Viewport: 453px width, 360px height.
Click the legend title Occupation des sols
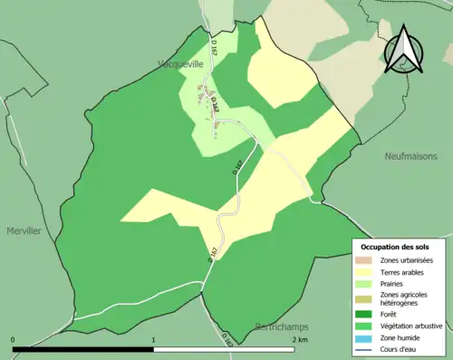coord(397,247)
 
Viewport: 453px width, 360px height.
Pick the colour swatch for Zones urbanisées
coord(365,260)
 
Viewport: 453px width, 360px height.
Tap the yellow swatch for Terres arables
coord(365,271)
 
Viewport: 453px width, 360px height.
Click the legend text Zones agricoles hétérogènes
coord(405,298)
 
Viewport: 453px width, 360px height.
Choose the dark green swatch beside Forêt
coord(365,313)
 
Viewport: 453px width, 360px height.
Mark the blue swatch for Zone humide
coord(365,335)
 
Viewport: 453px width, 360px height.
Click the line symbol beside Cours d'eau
coord(365,345)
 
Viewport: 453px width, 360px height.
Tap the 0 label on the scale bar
coord(13,340)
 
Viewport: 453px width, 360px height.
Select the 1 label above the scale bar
coord(154,340)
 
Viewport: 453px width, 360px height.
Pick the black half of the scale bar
coord(83,349)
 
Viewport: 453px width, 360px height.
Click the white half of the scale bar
coord(225,349)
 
